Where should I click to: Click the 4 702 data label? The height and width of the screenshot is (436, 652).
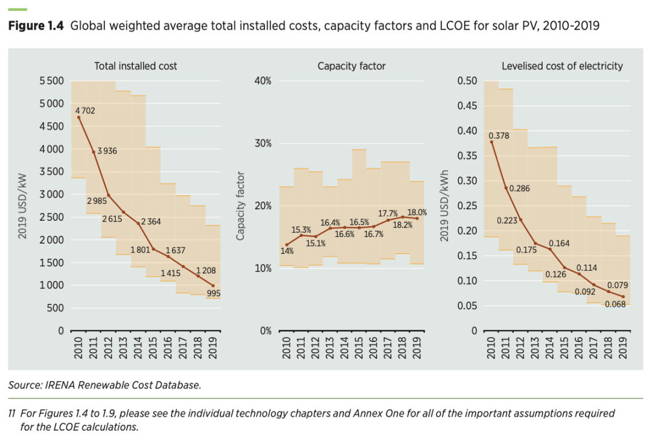[85, 111]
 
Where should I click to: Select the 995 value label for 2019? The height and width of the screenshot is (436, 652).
[213, 294]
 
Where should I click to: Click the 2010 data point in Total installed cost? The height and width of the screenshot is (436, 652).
[78, 117]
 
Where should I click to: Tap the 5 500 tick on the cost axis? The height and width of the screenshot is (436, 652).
[52, 81]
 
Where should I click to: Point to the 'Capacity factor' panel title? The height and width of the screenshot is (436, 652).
[351, 66]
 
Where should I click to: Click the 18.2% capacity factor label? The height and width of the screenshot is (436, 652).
[403, 225]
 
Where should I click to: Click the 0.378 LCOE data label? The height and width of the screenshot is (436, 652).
[499, 136]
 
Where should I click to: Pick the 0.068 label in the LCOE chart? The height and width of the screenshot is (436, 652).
[615, 304]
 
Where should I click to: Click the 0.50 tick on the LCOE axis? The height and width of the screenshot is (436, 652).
[467, 81]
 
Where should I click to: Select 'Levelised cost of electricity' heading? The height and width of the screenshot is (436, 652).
[562, 66]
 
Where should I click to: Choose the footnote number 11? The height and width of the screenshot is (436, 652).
[11, 413]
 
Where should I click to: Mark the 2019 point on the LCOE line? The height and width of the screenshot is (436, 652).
[623, 296]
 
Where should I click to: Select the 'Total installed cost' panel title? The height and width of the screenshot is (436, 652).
[136, 66]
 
